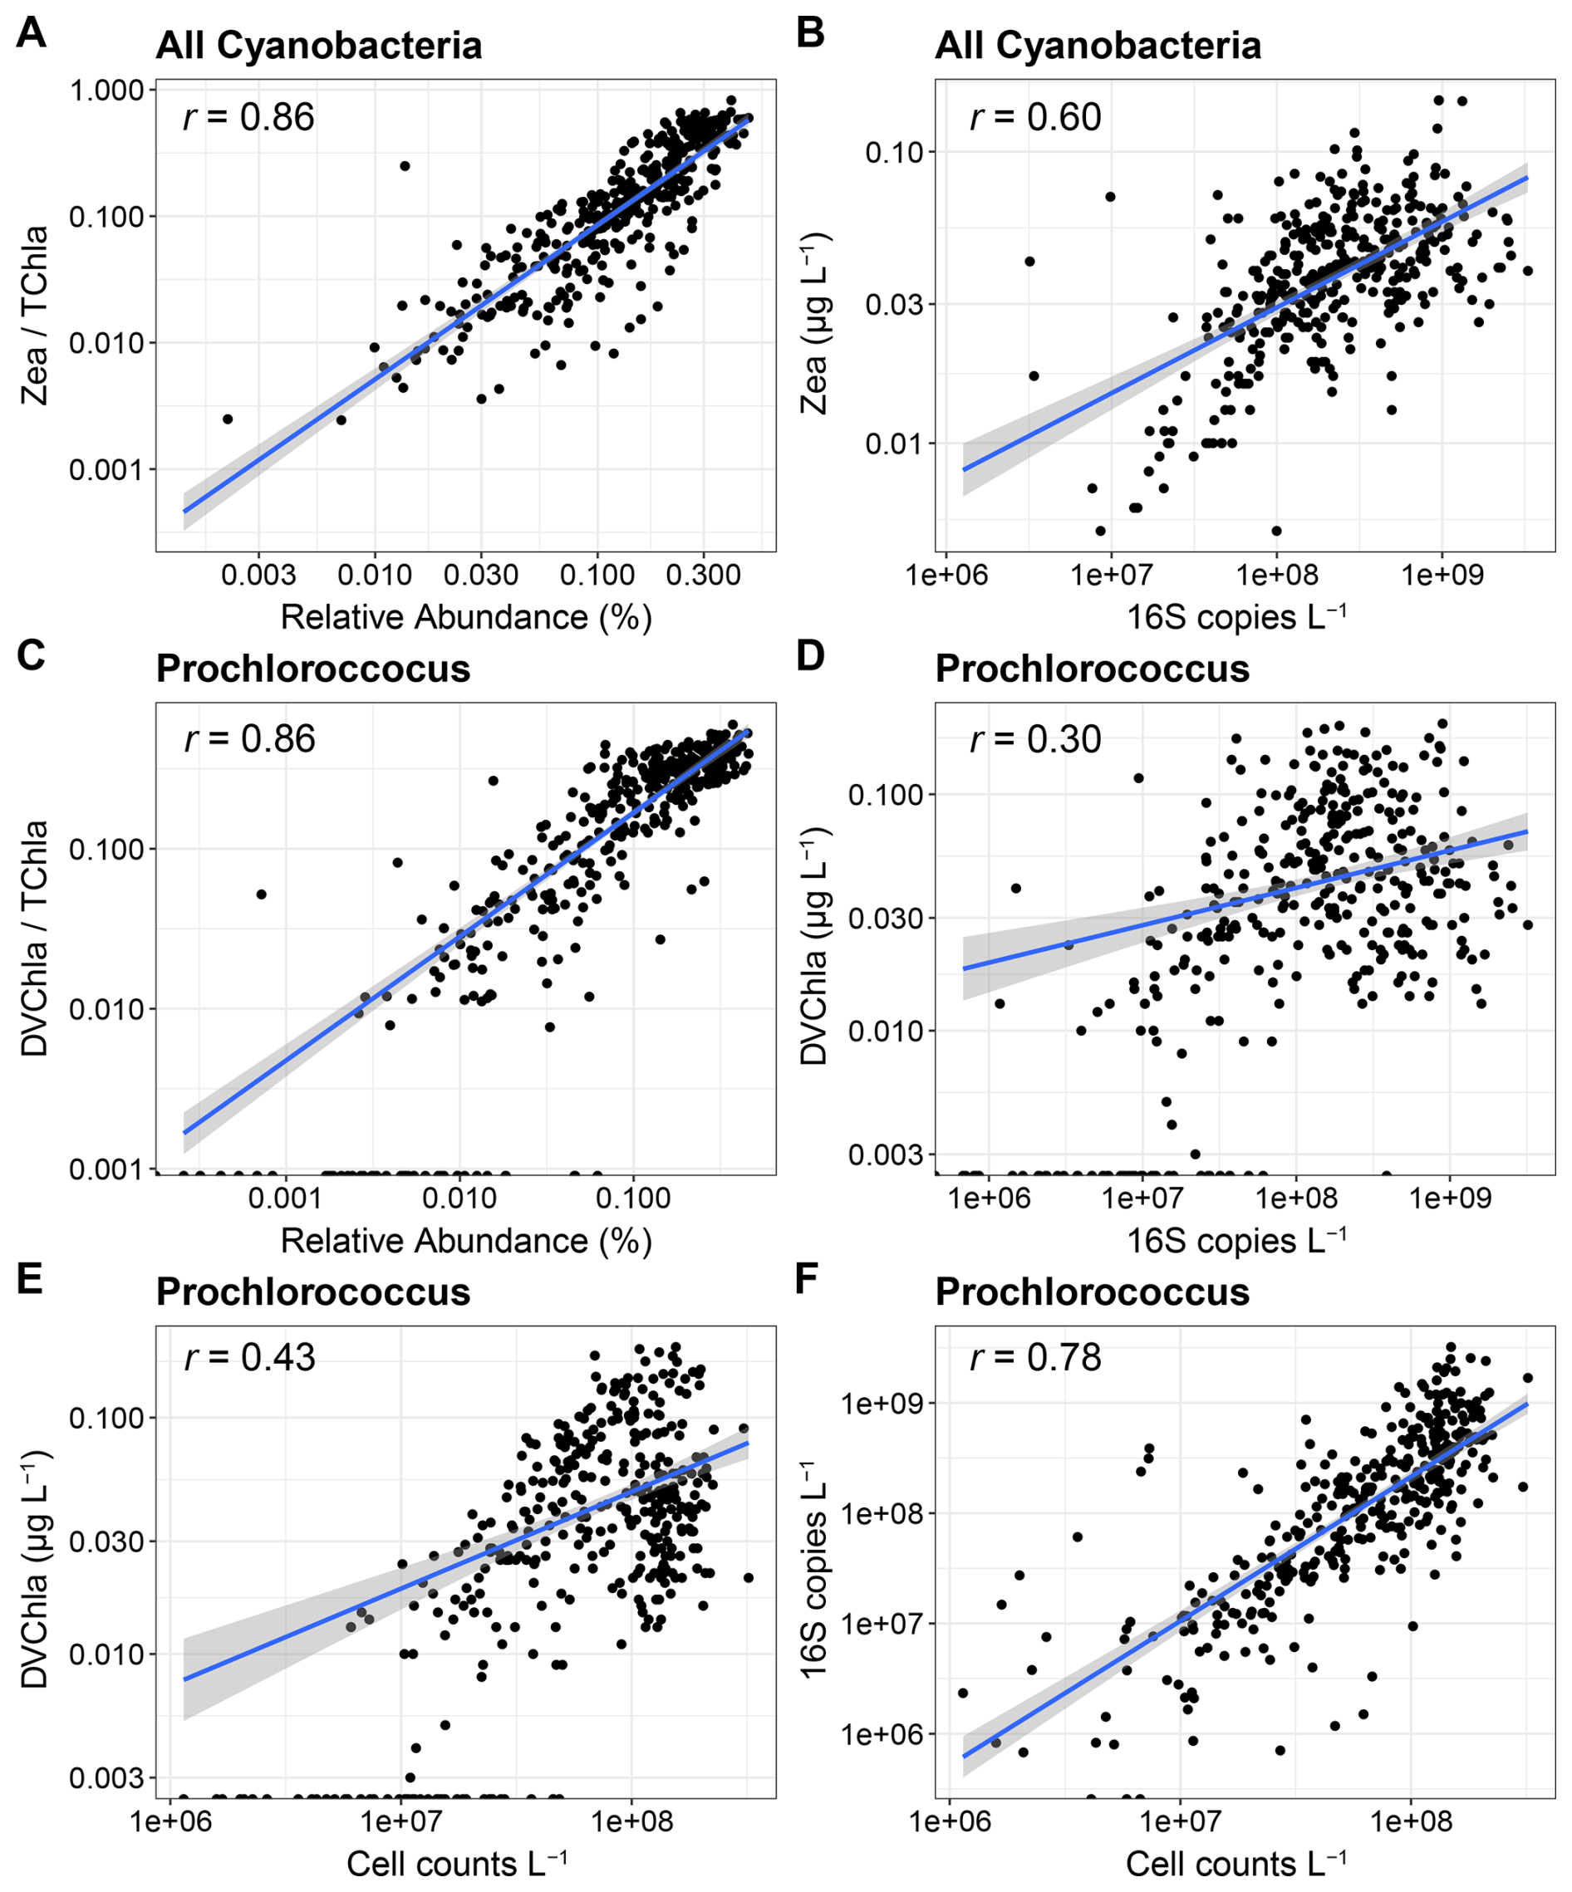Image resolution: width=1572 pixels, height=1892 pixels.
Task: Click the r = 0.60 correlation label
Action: pos(1034,118)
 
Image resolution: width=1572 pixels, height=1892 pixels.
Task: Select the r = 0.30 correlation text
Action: pos(1034,740)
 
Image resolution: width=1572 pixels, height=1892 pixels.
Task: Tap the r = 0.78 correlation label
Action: pos(1034,1357)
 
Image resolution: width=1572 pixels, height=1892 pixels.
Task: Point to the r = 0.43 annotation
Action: pos(250,1357)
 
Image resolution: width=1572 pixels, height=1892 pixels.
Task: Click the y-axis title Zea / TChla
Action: pos(34,316)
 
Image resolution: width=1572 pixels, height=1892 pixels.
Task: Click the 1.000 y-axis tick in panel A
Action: pos(106,90)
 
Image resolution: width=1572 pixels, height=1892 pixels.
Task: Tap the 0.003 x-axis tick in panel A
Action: pos(258,575)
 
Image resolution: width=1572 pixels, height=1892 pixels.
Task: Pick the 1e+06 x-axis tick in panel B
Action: pos(946,575)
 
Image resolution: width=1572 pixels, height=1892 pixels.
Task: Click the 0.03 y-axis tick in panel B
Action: pos(894,304)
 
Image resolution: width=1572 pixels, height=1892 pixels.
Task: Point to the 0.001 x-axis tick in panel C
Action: pos(285,1198)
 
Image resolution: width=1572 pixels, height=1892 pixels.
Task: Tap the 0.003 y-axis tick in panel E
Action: pos(106,1777)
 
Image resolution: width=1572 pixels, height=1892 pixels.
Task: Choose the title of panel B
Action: pos(1097,46)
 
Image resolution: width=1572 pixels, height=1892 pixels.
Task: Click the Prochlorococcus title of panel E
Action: pos(312,1292)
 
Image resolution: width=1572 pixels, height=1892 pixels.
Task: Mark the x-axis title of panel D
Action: pos(1236,1242)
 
